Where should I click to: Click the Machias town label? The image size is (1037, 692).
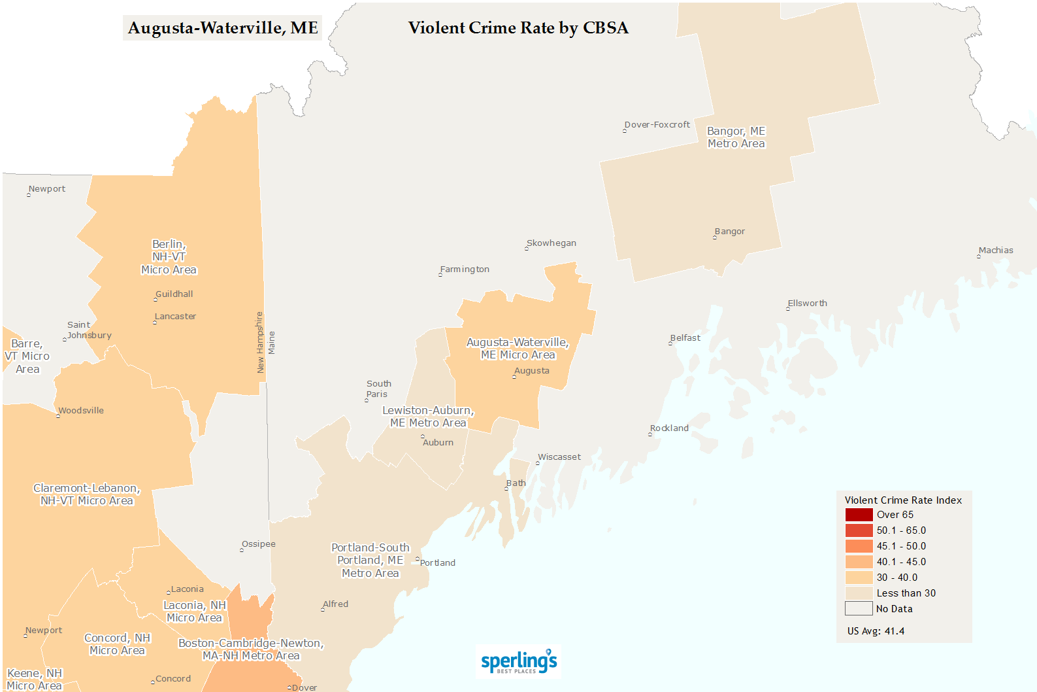coord(996,251)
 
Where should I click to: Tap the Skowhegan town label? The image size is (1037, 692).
coord(551,243)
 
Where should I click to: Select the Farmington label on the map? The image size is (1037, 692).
coord(465,269)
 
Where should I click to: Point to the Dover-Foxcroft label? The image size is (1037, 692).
coord(657,125)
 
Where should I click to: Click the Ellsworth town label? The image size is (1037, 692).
coord(807,303)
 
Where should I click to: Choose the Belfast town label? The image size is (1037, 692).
coord(685,338)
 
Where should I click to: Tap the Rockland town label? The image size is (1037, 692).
coord(669,428)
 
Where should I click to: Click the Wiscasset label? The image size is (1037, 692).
coord(559,457)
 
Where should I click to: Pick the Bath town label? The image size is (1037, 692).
coord(516,483)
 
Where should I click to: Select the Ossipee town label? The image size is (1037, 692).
coord(258,544)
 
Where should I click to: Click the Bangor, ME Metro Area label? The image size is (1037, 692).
coord(736,137)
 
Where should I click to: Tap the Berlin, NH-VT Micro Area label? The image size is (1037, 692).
coord(169,257)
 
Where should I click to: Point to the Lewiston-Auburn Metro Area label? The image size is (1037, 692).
coord(428,417)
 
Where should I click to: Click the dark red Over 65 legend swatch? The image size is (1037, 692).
coord(859,515)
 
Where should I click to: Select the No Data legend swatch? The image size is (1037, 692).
coord(859,609)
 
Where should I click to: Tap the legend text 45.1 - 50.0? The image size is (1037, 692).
coord(901,546)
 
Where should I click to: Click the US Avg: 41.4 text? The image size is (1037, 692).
coord(876,631)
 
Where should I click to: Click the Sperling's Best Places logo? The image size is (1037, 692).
coord(519,661)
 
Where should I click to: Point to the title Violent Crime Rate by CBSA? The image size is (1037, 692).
coord(518,28)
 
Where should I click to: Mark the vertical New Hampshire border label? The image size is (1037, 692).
coord(259,343)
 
